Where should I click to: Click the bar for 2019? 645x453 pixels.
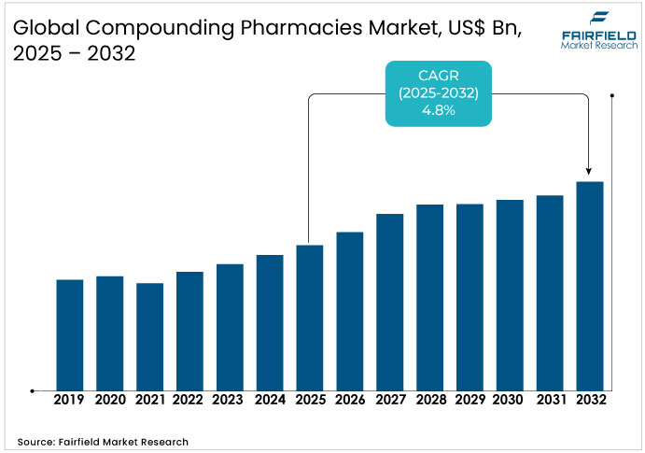[x=70, y=334]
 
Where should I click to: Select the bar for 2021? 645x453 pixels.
[x=150, y=336]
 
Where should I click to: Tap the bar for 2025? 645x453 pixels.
[x=310, y=318]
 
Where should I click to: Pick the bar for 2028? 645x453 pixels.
[x=429, y=297]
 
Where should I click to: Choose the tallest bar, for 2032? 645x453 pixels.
[x=590, y=286]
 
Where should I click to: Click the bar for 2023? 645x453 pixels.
[x=230, y=327]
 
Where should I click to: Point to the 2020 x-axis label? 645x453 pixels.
[x=110, y=400]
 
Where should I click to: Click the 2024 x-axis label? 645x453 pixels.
[x=270, y=400]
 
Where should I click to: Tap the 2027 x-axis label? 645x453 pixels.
[x=389, y=400]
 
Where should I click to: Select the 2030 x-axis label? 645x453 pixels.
[x=510, y=400]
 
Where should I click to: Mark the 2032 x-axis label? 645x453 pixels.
[x=590, y=400]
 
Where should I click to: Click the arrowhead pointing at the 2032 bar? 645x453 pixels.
[x=589, y=171]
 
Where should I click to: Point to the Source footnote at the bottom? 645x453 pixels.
[x=103, y=441]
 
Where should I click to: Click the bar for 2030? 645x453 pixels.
[x=510, y=295]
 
